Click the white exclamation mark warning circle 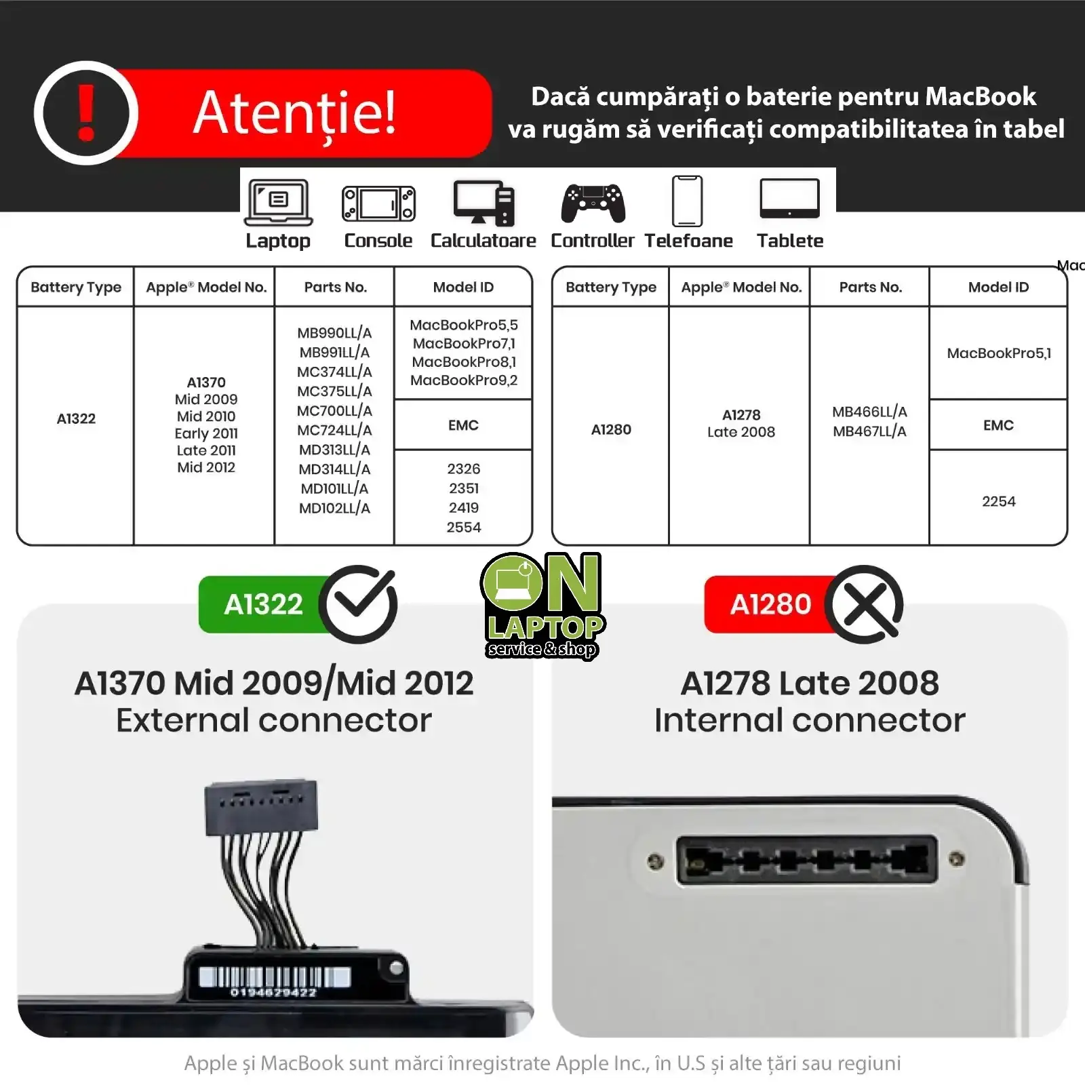(x=86, y=113)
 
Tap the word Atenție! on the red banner (x=294, y=113)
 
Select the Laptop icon (x=279, y=202)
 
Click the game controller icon (x=593, y=203)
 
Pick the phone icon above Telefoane (x=687, y=201)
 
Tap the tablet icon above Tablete (x=790, y=199)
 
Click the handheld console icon (x=378, y=203)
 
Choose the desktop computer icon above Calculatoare (x=484, y=203)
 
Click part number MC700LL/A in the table (x=334, y=411)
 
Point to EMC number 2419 (x=464, y=508)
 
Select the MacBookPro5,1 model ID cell (x=999, y=353)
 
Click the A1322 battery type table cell (x=76, y=418)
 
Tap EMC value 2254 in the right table (x=999, y=502)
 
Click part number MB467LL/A (x=870, y=431)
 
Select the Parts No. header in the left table (x=336, y=288)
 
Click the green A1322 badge (x=264, y=604)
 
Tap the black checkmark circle (x=358, y=604)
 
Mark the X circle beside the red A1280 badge (x=865, y=604)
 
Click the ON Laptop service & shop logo (x=542, y=606)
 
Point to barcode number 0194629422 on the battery (x=273, y=993)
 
